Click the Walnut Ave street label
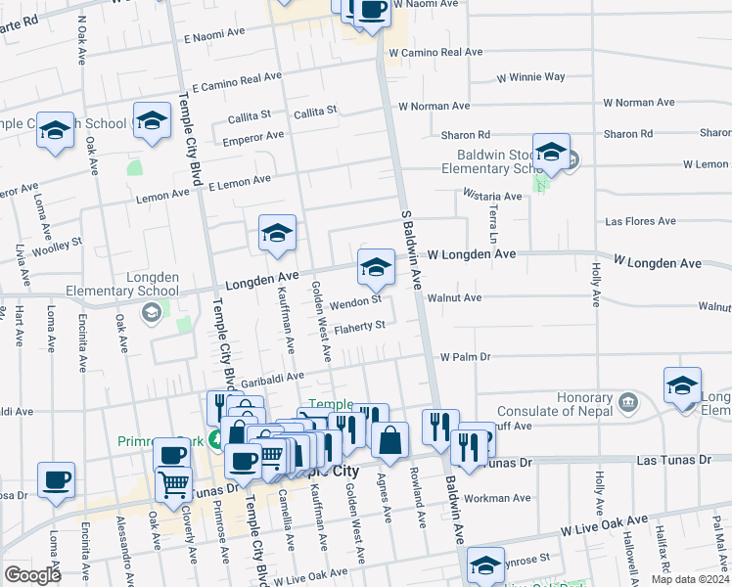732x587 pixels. [459, 297]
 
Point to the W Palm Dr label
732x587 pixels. [465, 357]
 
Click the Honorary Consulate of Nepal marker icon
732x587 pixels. [629, 400]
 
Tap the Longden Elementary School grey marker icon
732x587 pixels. [151, 312]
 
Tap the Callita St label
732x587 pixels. [314, 112]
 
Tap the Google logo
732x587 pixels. [32, 575]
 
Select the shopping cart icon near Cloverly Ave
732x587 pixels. [174, 482]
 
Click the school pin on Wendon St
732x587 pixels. [376, 266]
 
